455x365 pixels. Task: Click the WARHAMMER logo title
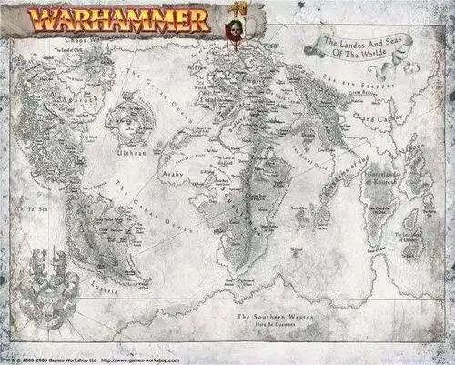[118, 18]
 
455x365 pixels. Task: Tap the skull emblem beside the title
[238, 25]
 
